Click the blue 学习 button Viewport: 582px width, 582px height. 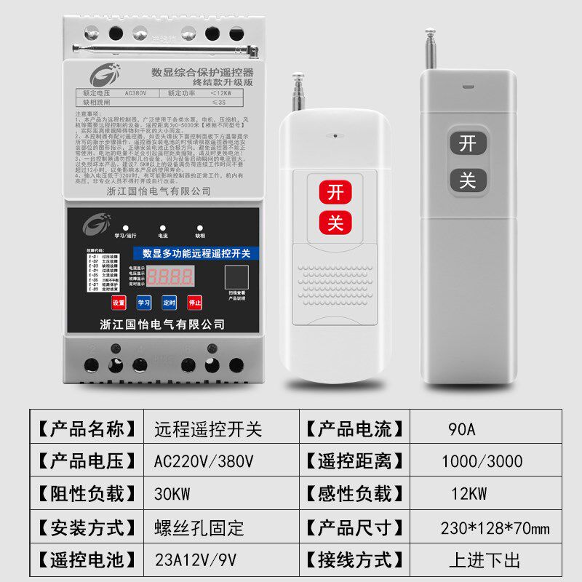point(144,303)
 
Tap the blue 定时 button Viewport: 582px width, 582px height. point(169,303)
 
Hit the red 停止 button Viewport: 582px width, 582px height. point(194,303)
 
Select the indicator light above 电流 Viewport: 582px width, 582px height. point(162,227)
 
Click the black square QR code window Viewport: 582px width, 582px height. point(236,278)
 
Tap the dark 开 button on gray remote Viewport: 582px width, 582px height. point(467,143)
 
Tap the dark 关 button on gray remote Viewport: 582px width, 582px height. point(467,180)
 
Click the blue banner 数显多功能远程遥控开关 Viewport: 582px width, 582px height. point(196,253)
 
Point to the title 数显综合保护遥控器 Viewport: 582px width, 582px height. point(202,73)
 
